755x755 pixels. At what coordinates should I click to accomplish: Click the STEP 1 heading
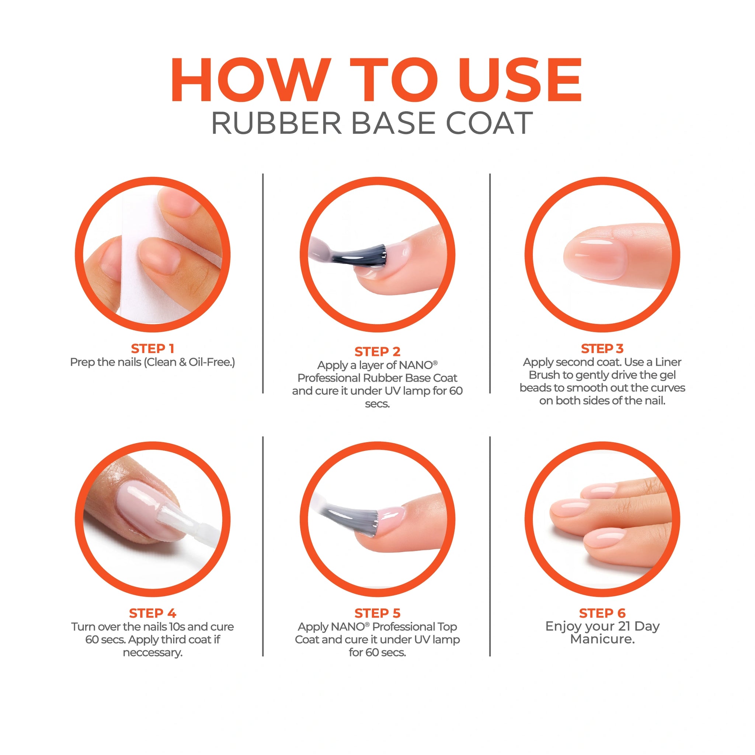tap(152, 348)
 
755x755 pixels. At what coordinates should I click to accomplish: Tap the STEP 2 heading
tap(377, 351)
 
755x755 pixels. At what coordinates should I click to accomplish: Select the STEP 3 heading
tap(602, 348)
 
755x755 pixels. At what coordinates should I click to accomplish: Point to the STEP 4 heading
tap(152, 613)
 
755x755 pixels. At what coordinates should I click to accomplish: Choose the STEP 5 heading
tap(377, 613)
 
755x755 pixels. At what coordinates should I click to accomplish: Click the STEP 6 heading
tap(602, 613)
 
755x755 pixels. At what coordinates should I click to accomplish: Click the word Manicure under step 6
tap(602, 639)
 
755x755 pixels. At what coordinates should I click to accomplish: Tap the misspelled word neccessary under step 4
tap(152, 653)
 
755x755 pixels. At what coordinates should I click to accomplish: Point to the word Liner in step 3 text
tap(668, 362)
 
